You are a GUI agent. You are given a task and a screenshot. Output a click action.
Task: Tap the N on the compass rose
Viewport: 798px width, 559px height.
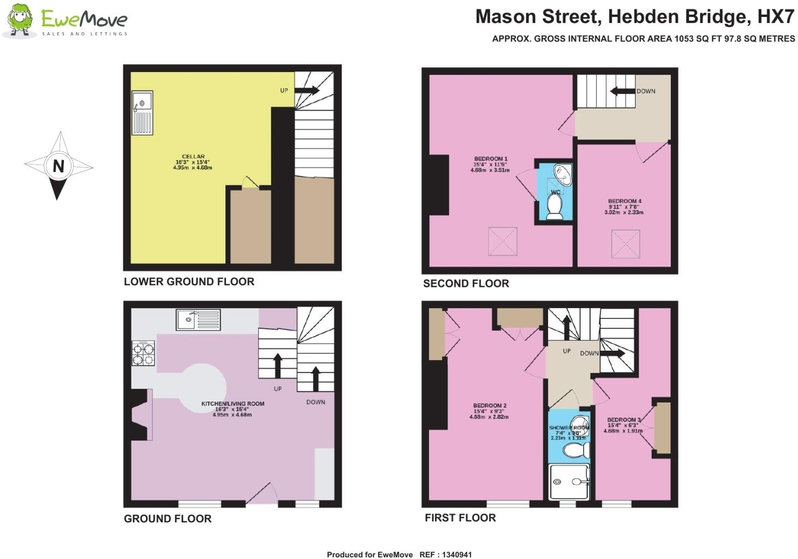coord(58,166)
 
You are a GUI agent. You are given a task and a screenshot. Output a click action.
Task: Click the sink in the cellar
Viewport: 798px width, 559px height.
coord(142,112)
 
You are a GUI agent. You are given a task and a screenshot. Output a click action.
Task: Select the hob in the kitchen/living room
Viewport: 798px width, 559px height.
coord(143,353)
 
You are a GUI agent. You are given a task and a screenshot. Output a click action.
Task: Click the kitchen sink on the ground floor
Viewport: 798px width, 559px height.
coord(198,320)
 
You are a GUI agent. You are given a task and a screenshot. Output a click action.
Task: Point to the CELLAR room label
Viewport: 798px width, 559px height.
coord(193,157)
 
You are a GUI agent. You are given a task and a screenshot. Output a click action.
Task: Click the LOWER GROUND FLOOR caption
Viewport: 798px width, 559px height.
coord(189,282)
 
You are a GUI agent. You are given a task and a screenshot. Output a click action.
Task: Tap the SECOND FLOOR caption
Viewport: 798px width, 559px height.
coord(466,284)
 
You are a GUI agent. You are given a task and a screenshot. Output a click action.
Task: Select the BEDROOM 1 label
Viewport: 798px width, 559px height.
coord(491,159)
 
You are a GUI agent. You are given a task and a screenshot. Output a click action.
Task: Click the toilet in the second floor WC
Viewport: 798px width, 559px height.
coord(555,207)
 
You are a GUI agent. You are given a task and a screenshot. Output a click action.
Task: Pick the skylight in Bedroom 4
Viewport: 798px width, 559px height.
coord(626,244)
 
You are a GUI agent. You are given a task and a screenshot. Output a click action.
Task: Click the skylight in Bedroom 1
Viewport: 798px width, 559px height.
coord(502,241)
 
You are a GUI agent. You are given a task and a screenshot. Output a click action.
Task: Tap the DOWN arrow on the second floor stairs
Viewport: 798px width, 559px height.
coord(622,91)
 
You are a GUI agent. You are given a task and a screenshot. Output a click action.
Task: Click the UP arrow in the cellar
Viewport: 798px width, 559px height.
coord(307,91)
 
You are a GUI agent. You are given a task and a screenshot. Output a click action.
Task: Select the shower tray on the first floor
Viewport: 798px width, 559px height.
coord(569,482)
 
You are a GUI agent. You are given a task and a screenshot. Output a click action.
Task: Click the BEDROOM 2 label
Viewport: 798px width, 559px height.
coord(490,406)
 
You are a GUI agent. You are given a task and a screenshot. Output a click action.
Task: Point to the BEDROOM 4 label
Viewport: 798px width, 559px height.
coord(624,201)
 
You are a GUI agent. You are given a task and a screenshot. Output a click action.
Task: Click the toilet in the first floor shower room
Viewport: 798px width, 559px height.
coord(576,450)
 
